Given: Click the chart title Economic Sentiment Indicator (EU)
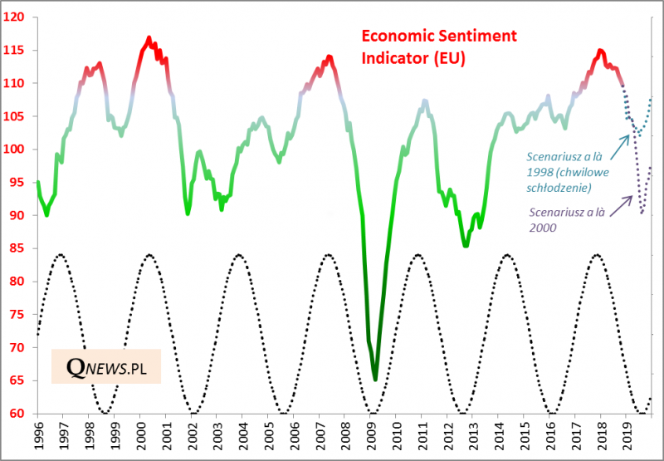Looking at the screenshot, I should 438,47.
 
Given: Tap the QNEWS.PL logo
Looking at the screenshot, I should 105,366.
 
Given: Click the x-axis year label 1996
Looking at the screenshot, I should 38,436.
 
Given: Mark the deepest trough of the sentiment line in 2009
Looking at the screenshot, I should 375,379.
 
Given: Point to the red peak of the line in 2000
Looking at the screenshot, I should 149,37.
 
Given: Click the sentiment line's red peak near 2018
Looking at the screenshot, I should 600,51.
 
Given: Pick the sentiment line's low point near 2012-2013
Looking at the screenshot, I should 466,245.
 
